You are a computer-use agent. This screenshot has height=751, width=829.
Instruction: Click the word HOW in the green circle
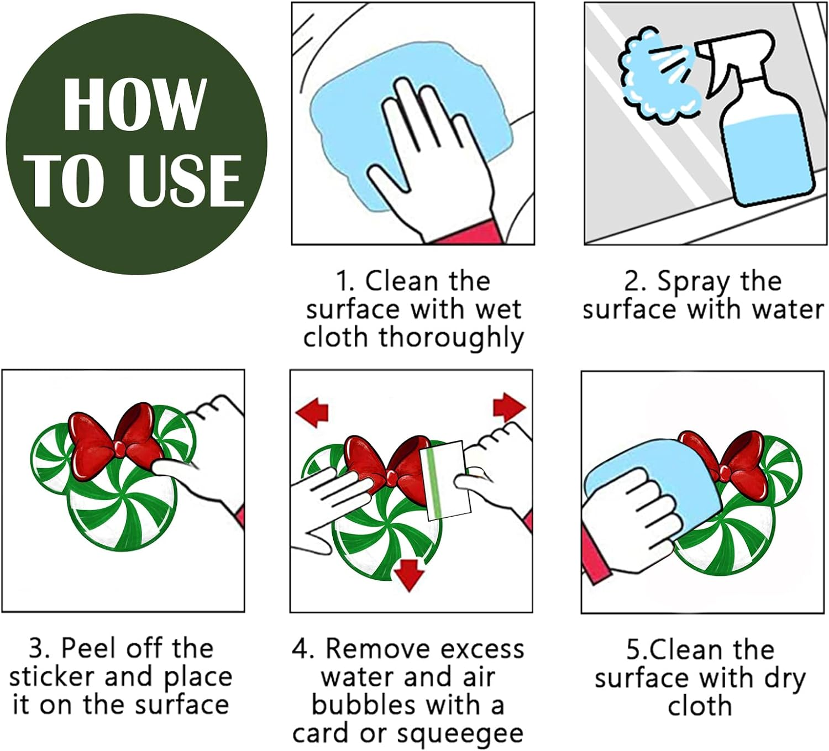[x=135, y=104]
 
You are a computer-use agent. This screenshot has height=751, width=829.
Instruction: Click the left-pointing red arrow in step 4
[x=312, y=412]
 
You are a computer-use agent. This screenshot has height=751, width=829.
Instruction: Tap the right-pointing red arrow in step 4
[x=509, y=407]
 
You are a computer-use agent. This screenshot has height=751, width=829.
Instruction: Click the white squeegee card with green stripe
[x=445, y=480]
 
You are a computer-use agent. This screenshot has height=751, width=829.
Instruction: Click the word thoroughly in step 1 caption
[x=452, y=338]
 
